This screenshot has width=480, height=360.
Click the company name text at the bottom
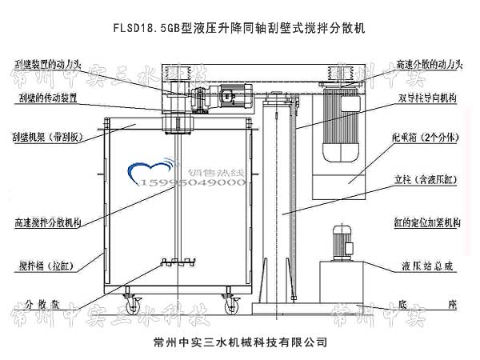240,342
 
